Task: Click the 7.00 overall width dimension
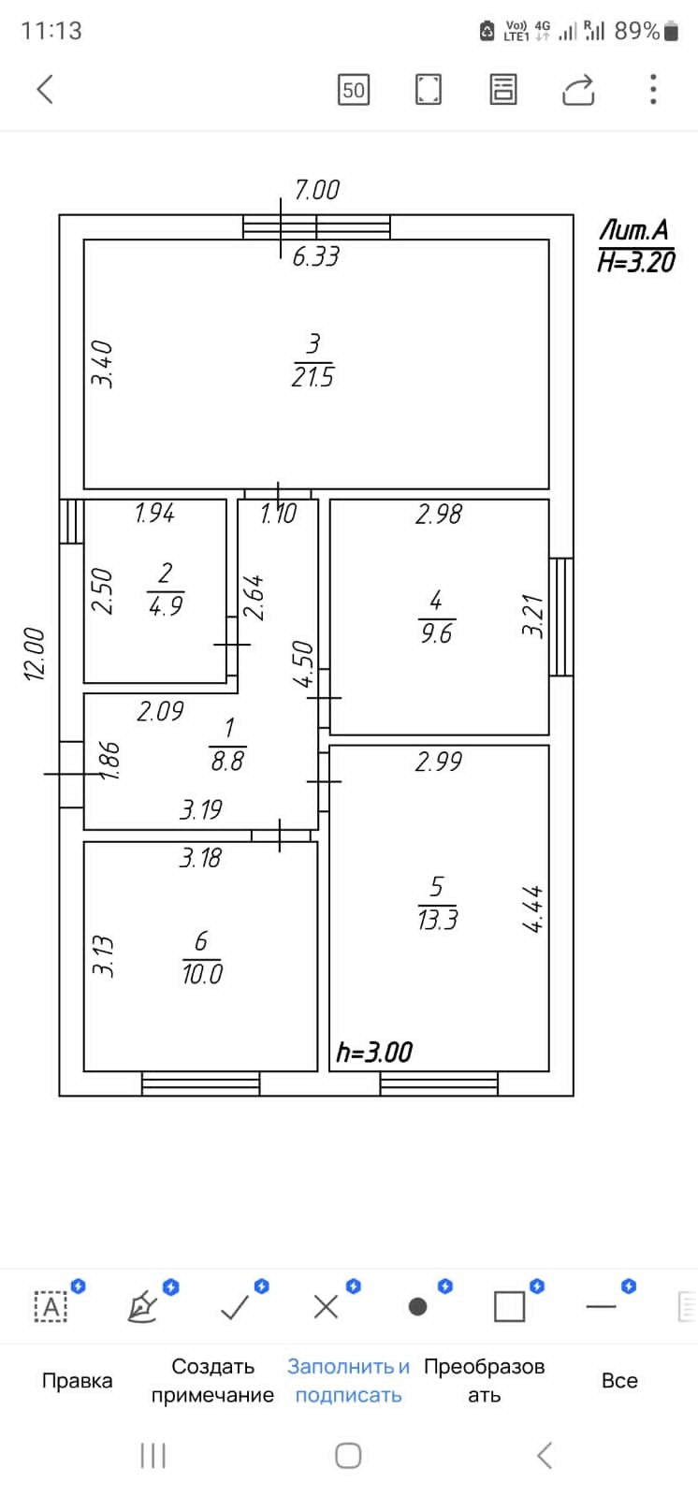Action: [x=316, y=190]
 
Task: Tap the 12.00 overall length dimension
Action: [x=35, y=654]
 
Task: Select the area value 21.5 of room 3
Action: [x=313, y=377]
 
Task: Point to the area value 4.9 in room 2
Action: [x=166, y=606]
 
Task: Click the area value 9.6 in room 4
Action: [x=436, y=633]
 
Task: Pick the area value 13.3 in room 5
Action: [x=437, y=920]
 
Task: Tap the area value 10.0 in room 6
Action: [x=202, y=974]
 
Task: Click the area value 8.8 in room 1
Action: [x=227, y=761]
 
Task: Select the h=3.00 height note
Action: [x=374, y=1053]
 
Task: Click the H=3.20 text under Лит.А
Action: [x=636, y=262]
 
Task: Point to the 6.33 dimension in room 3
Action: [x=315, y=256]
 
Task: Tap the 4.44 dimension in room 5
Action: [x=532, y=909]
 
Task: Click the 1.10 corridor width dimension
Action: [x=278, y=514]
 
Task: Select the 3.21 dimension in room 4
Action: [x=532, y=617]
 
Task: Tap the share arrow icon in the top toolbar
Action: [x=578, y=90]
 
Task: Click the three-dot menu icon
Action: [x=653, y=90]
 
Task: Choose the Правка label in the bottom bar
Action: [x=77, y=1381]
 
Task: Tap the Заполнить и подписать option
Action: [x=348, y=1381]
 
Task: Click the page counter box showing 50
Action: [x=353, y=90]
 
